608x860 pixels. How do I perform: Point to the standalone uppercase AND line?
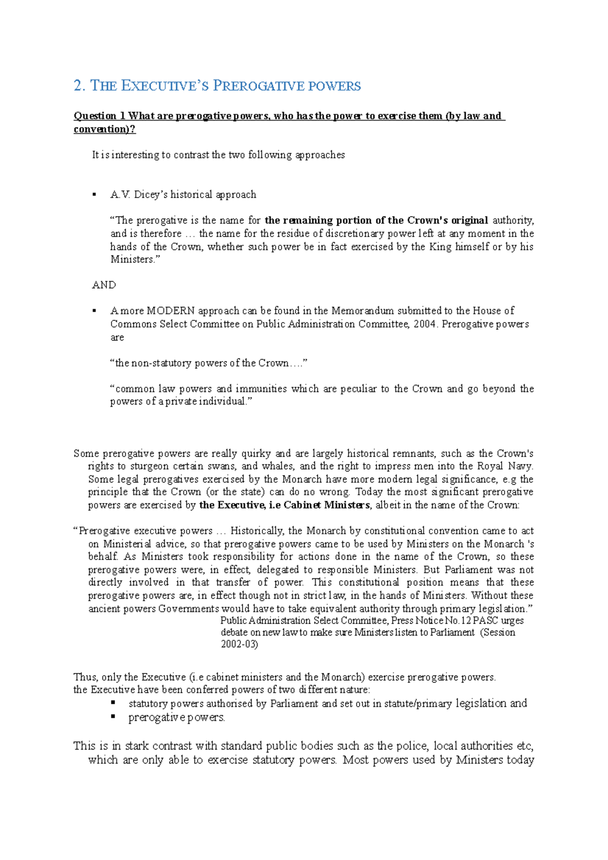click(x=104, y=285)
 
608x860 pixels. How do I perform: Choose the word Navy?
click(x=520, y=466)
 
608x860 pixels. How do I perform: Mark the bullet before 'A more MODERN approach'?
click(x=94, y=311)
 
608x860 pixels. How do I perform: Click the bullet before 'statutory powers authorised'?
click(x=113, y=703)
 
